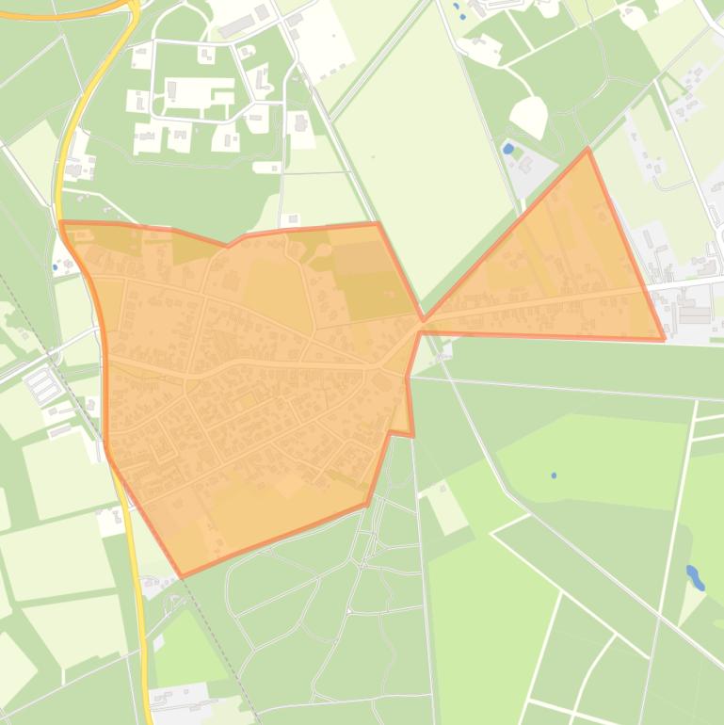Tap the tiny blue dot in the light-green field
[554, 475]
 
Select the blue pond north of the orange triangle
[508, 149]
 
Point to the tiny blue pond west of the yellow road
[55, 267]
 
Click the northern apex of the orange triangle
[588, 149]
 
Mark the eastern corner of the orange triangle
[664, 339]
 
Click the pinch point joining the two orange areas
[423, 321]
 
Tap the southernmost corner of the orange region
[182, 576]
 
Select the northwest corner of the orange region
[61, 222]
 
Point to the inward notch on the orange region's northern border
[227, 246]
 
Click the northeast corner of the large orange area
[378, 223]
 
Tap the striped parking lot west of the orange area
[43, 384]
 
